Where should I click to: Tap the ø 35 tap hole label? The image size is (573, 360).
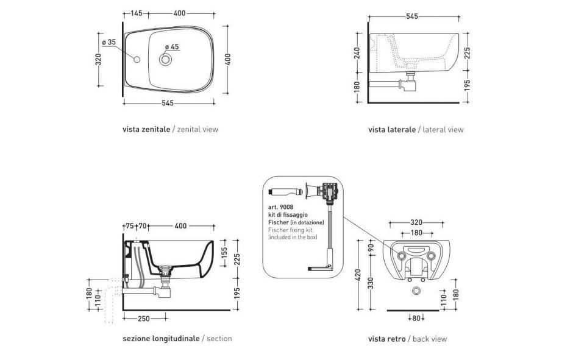[x=109, y=42]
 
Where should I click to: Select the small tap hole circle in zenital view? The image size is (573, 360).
[x=137, y=60]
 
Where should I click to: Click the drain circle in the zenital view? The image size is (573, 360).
[x=166, y=60]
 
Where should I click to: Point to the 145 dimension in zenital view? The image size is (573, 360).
[x=136, y=13]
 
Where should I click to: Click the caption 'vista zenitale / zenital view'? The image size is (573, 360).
[x=170, y=129]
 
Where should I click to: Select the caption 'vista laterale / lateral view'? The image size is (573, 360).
[x=416, y=129]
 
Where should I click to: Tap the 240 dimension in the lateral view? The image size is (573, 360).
[x=357, y=53]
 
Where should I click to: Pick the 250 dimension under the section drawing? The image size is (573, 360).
[x=144, y=319]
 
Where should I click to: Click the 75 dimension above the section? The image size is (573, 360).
[x=129, y=226]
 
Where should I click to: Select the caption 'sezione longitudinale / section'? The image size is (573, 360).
[x=177, y=338]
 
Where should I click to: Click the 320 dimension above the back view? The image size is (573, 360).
[x=417, y=222]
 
